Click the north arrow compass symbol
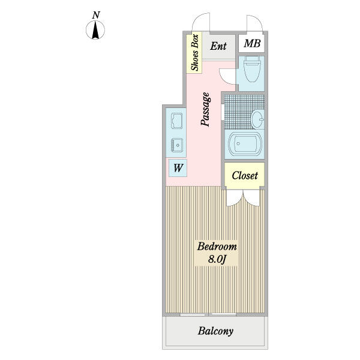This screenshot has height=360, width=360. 95,30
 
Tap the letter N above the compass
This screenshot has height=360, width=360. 96,15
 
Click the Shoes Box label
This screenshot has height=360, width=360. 194,53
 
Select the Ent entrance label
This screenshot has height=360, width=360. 218,46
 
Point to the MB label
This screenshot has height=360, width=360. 252,43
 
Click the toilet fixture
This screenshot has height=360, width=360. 252,69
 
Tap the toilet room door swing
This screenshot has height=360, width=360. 227,76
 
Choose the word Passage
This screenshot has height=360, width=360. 205,109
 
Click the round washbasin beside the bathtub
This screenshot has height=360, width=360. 257,119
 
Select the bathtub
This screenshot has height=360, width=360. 245,144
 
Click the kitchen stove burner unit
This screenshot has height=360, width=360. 176,121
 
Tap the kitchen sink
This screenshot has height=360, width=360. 177,145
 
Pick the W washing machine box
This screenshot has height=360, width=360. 178,168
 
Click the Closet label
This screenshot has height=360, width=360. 245,176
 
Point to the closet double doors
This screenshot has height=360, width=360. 243,197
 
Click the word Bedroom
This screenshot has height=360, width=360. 217,247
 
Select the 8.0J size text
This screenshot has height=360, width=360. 217,259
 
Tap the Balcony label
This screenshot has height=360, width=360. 215,331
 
